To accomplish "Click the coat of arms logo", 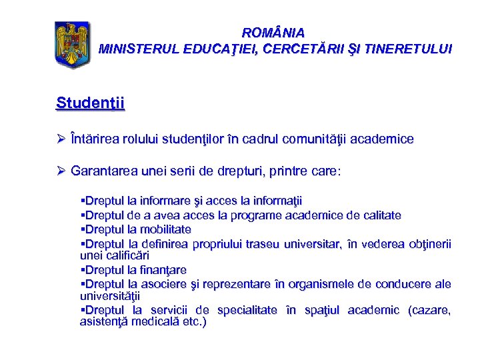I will tap(71, 45).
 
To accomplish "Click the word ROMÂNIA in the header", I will tap(273, 33).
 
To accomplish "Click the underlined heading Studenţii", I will tap(91, 103).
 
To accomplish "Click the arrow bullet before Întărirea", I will tap(61, 139).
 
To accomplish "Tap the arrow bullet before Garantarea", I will tap(61, 171).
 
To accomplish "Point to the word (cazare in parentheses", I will tap(429, 311).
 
